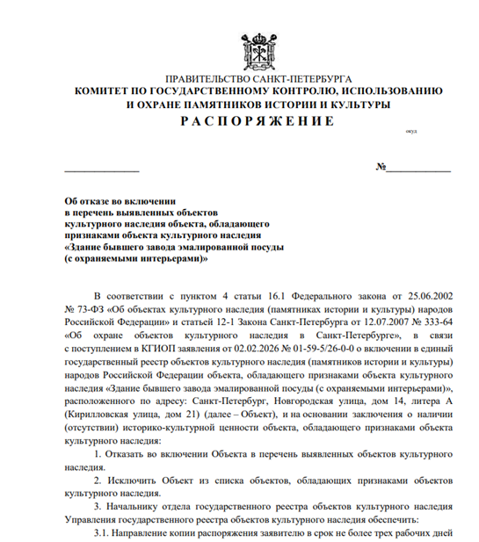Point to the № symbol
point(381,167)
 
